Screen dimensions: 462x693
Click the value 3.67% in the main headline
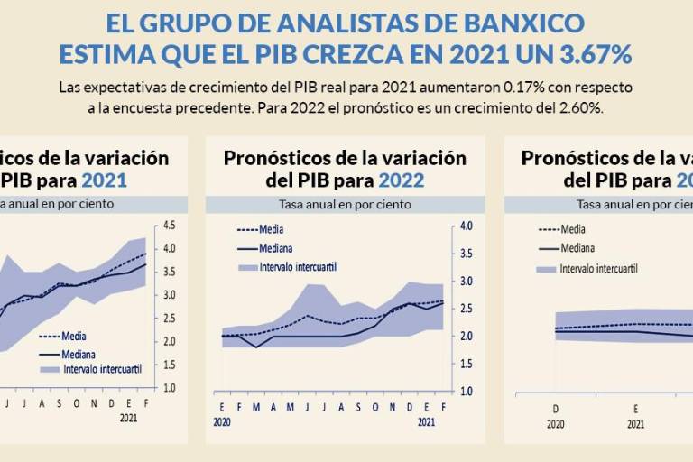click(587, 54)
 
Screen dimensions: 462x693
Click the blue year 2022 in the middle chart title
click(401, 180)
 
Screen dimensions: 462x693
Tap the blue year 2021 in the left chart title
click(104, 180)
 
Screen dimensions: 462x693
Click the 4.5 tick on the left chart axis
click(168, 226)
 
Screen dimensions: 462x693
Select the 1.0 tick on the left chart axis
click(168, 388)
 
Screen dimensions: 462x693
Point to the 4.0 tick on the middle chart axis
click(464, 226)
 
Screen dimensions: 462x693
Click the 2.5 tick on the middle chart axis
click(464, 309)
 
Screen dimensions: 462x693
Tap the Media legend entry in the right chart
click(572, 229)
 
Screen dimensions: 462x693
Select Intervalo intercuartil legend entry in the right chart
click(598, 268)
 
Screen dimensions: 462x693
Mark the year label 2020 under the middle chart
click(223, 420)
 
